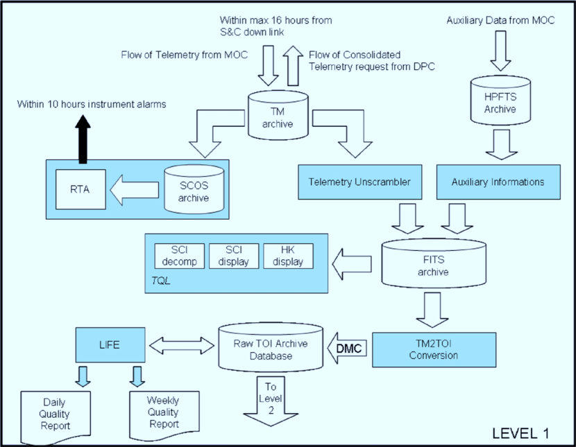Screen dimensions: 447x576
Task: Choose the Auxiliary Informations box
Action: pyautogui.click(x=498, y=182)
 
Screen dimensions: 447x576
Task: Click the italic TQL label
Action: pyautogui.click(x=160, y=282)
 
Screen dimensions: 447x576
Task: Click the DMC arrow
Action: pyautogui.click(x=347, y=349)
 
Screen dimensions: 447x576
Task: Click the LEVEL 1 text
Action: pyautogui.click(x=520, y=432)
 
